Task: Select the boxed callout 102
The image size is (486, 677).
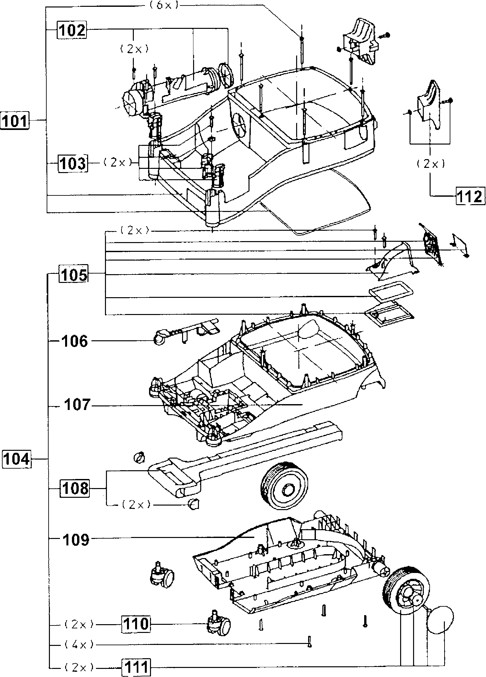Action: point(72,30)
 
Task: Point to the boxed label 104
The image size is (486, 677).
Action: point(17,459)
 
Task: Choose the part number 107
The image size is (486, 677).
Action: point(76,405)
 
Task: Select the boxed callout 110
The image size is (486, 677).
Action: point(136,623)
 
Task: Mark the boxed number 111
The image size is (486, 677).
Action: point(136,668)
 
